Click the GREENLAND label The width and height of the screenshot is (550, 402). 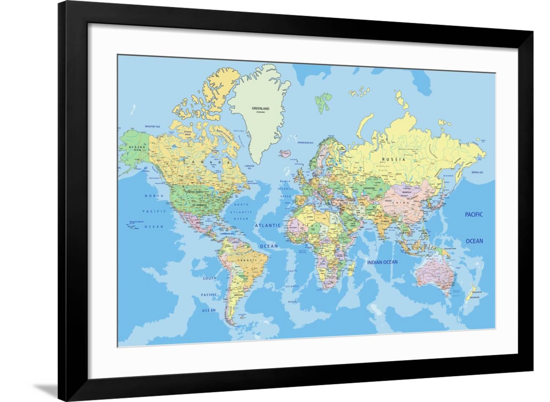point(260,109)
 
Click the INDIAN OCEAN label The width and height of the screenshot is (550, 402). point(383,262)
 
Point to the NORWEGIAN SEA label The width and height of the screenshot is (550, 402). point(305,142)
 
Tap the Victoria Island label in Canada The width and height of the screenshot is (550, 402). point(188,132)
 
